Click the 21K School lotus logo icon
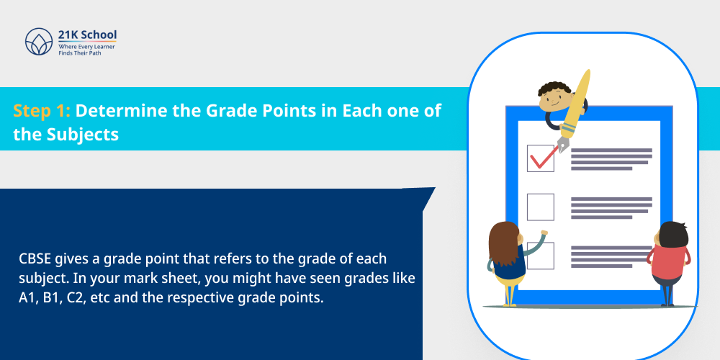(39, 42)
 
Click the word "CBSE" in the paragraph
(35, 258)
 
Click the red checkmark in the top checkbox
(541, 156)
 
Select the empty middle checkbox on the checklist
(541, 207)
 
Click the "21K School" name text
(87, 35)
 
